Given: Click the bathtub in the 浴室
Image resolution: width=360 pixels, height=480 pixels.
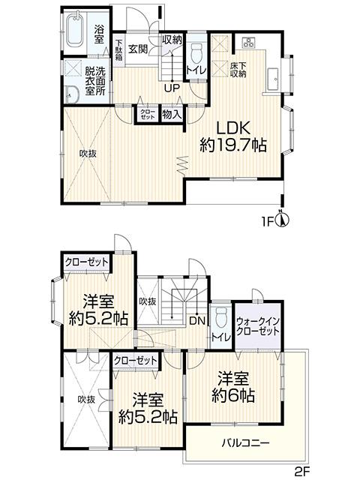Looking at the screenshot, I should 75,32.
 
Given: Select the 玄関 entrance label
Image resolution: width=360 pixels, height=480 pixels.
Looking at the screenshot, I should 136,49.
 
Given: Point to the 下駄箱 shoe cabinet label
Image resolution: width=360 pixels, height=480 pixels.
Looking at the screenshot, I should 119,50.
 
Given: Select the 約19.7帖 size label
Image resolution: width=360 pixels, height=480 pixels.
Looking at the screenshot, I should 232,145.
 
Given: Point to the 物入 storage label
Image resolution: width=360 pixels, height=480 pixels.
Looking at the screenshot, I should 170,115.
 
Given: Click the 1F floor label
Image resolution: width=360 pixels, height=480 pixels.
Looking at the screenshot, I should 268,222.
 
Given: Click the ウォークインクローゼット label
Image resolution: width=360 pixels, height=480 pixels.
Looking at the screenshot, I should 257,325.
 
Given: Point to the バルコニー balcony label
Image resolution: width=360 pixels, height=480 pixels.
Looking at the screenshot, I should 245,442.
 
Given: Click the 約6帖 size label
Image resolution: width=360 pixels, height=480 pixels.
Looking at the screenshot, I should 233,393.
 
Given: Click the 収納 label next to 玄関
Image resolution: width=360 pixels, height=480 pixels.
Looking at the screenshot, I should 171,39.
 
